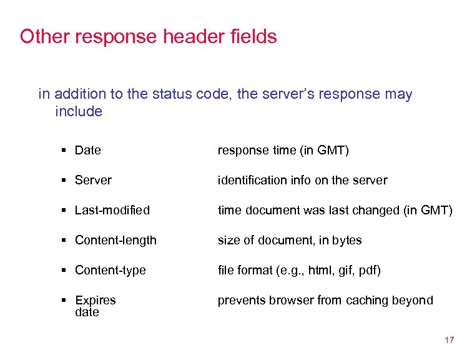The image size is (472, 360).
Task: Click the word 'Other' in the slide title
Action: pyautogui.click(x=44, y=36)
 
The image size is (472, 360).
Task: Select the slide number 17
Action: pyautogui.click(x=449, y=341)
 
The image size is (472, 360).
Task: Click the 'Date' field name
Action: pyautogui.click(x=87, y=150)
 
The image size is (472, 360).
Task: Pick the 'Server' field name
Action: pyautogui.click(x=93, y=180)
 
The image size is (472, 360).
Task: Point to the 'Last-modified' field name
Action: pyautogui.click(x=112, y=210)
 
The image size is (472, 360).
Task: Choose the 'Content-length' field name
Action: pyautogui.click(x=116, y=240)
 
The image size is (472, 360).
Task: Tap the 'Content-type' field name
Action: pyautogui.click(x=110, y=270)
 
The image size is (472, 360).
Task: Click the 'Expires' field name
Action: pyautogui.click(x=95, y=300)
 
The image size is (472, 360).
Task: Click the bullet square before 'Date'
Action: pyautogui.click(x=65, y=151)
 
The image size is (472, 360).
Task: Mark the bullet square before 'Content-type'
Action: pyautogui.click(x=65, y=271)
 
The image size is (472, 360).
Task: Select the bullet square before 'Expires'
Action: pyautogui.click(x=65, y=301)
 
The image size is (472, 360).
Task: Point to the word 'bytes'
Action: pyautogui.click(x=347, y=240)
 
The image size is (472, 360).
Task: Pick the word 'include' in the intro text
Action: pyautogui.click(x=78, y=111)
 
